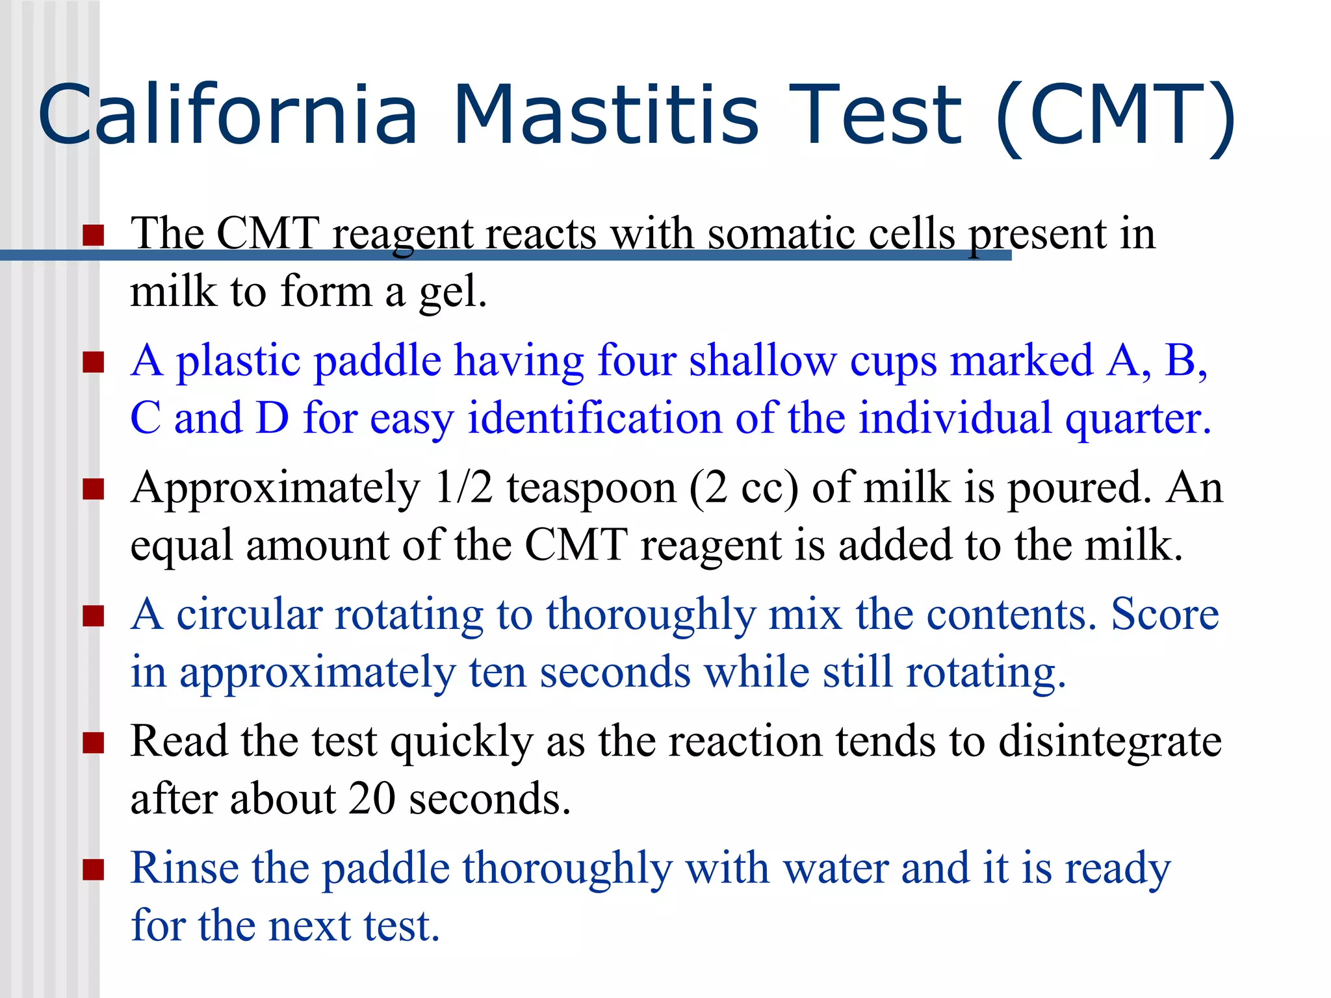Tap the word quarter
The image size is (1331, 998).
(1138, 419)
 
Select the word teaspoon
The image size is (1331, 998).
(591, 489)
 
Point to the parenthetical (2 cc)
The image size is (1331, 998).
(743, 488)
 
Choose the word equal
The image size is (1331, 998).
(181, 546)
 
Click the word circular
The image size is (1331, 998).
(250, 613)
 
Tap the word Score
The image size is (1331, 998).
(1165, 613)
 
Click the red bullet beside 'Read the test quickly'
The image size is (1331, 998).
(94, 742)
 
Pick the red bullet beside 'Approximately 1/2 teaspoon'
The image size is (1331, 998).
(94, 489)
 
